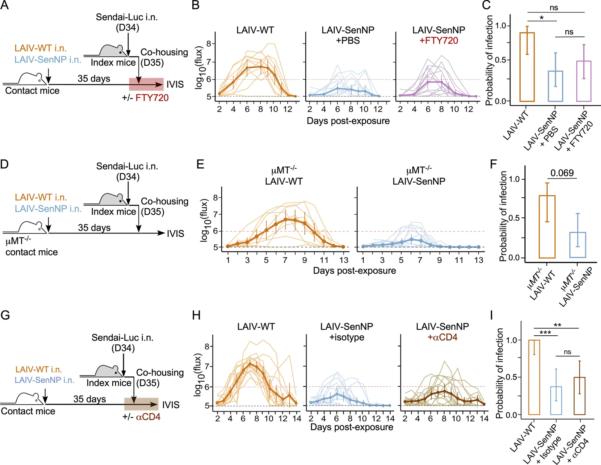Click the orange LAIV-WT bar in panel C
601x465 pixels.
point(527,67)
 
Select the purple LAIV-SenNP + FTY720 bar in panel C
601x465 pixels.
point(584,81)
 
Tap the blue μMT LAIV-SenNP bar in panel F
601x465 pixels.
point(577,245)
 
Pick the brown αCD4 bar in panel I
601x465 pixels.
point(580,396)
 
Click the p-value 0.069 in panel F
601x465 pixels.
point(562,173)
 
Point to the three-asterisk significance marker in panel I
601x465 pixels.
point(545,332)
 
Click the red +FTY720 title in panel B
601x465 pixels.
point(439,41)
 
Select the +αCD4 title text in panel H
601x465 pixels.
point(442,337)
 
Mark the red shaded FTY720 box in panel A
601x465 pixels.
point(146,84)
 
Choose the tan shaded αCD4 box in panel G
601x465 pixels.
point(141,404)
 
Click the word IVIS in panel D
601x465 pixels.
point(175,233)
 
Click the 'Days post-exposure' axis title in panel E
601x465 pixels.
point(354,270)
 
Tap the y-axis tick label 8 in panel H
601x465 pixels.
point(207,347)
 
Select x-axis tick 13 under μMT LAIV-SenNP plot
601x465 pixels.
point(479,260)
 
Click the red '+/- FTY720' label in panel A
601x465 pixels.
point(145,98)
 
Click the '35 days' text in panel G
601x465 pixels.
point(90,399)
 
